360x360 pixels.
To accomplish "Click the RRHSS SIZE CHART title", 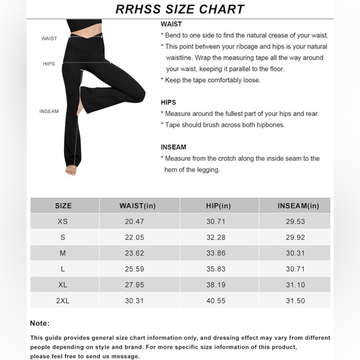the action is [179, 9].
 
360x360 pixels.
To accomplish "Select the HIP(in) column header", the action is [218, 206].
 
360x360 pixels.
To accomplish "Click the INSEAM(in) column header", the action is [295, 206].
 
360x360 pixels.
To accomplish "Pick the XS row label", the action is [63, 222].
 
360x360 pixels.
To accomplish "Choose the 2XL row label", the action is [63, 301].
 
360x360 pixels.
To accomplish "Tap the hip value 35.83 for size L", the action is [218, 269].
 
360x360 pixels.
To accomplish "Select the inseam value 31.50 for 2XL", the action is [295, 301].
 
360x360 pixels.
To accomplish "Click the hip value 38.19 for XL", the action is [218, 286].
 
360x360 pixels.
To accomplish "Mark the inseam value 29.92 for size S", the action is [295, 238].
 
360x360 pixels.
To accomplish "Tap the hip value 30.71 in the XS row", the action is [218, 222].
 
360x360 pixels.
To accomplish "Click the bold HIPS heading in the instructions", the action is [168, 102].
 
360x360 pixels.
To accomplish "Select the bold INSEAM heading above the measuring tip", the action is [173, 147].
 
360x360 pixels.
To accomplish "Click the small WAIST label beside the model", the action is [49, 38].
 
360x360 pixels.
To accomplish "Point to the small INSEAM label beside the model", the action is [49, 112].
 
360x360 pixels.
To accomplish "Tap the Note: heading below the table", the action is [40, 323].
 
